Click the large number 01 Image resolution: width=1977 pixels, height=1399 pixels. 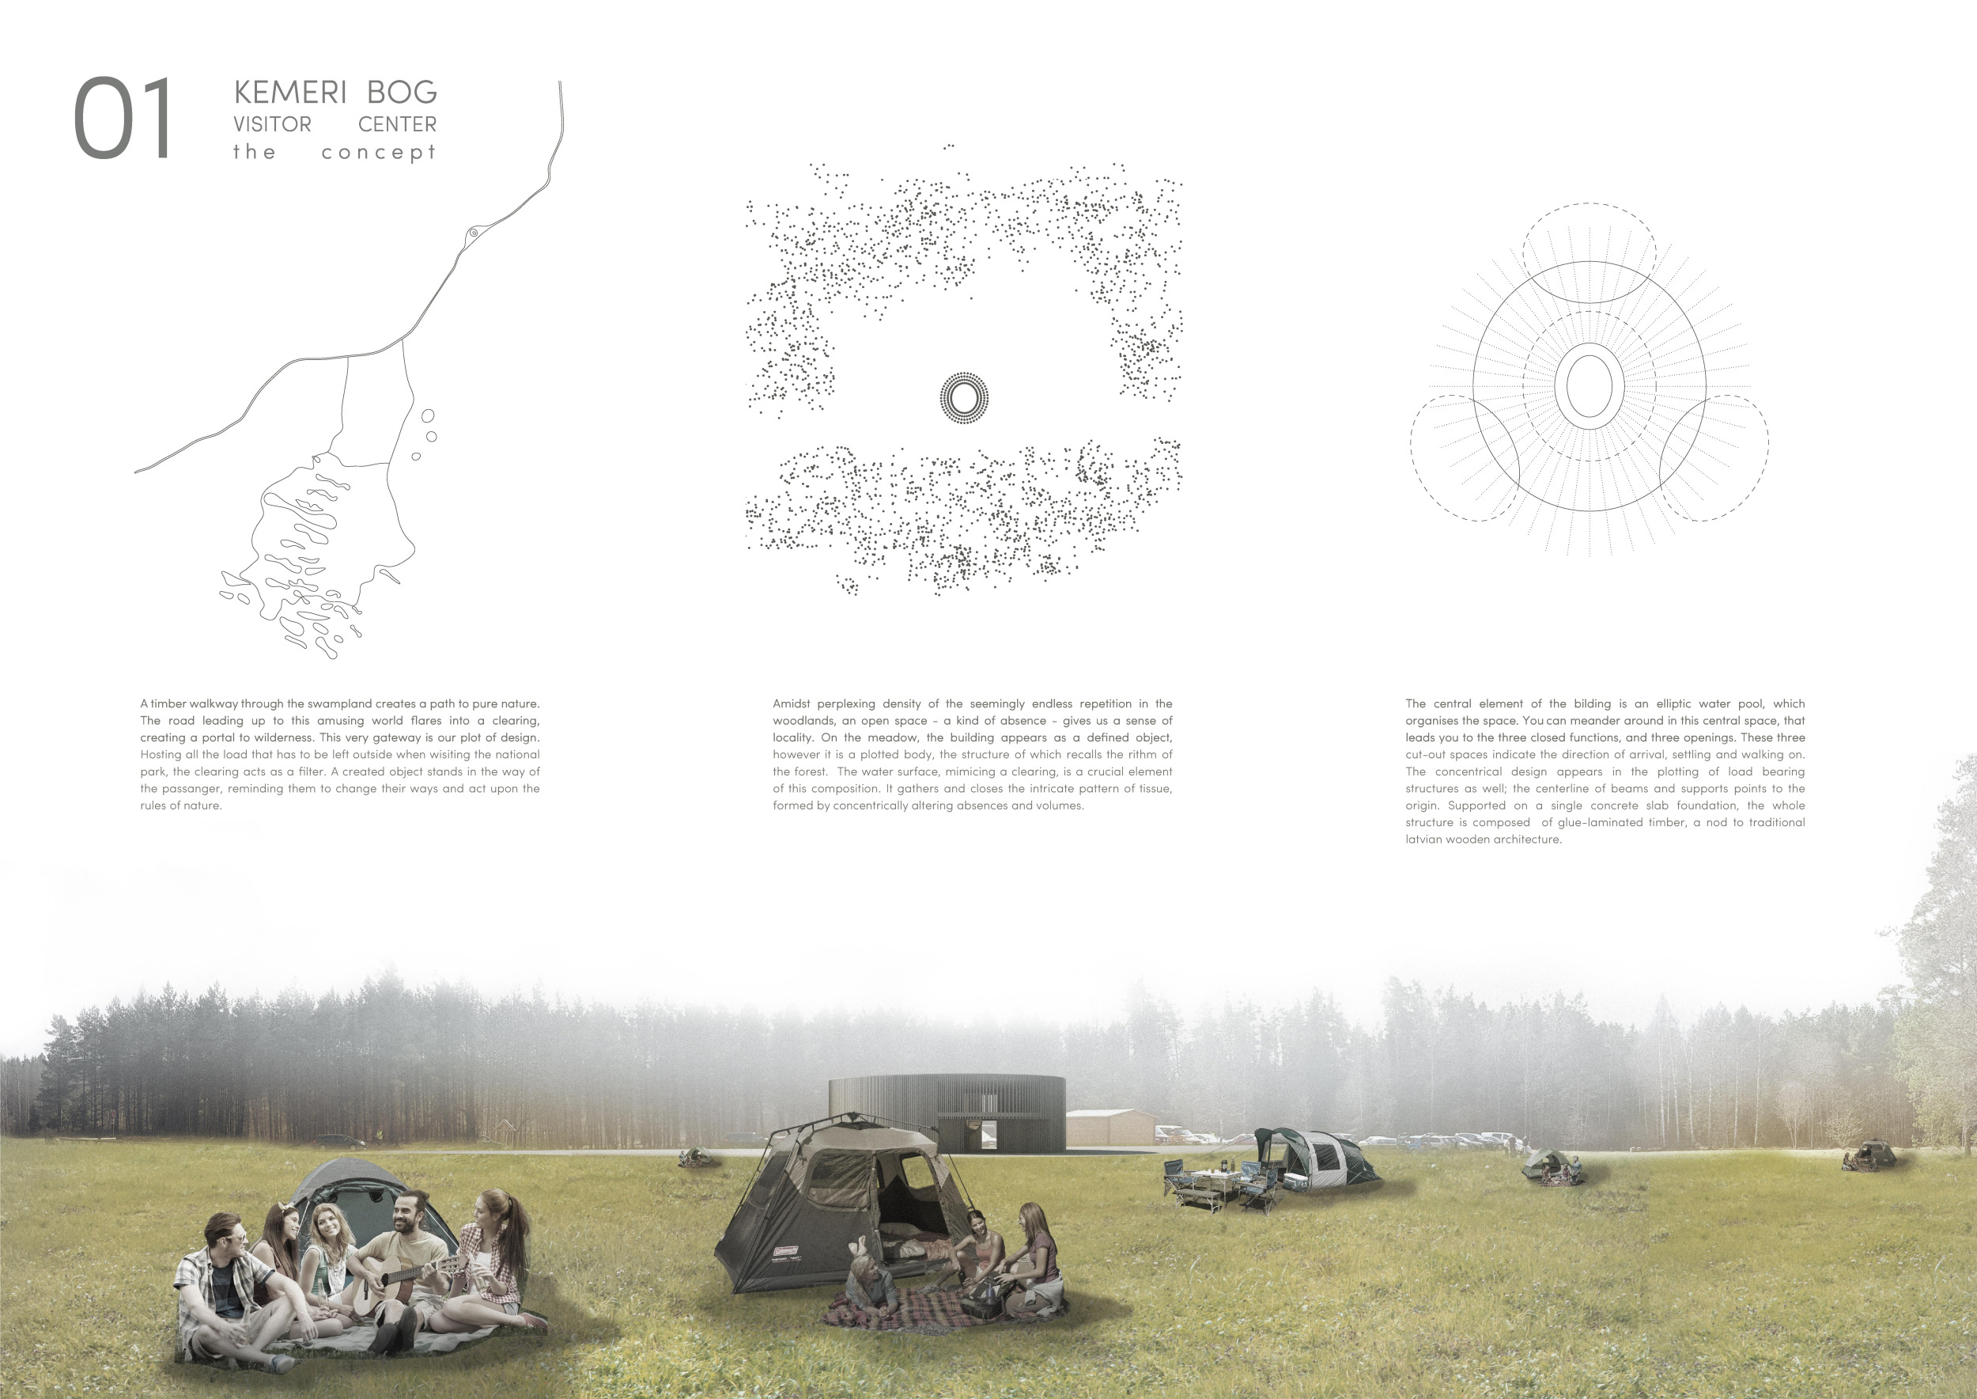point(123,118)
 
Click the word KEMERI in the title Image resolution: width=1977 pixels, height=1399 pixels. point(290,91)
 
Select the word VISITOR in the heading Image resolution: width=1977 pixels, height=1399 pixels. point(272,124)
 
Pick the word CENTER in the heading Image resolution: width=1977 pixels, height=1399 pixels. point(397,124)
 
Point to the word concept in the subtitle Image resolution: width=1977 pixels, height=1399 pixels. point(379,153)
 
